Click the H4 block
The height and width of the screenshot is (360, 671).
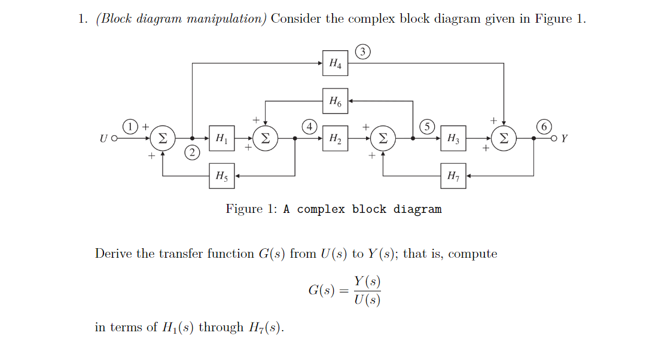[335, 63]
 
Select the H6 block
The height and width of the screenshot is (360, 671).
[335, 101]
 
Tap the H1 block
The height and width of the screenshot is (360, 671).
[221, 138]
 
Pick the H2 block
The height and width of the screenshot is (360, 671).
[335, 138]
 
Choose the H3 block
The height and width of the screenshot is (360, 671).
[453, 138]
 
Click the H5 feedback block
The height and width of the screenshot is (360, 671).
[221, 176]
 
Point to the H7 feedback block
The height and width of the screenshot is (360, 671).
[453, 176]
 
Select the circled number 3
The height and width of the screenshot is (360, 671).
[362, 51]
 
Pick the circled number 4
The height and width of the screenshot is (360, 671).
[309, 126]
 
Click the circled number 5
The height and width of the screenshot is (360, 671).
[427, 126]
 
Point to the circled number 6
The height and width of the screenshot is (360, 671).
[544, 126]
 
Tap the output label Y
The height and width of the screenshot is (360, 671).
[565, 139]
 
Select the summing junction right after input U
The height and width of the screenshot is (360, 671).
[161, 138]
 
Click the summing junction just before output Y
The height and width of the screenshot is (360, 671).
[504, 138]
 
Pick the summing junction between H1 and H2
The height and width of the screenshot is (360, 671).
[266, 138]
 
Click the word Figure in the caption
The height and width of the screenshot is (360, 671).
[244, 209]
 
